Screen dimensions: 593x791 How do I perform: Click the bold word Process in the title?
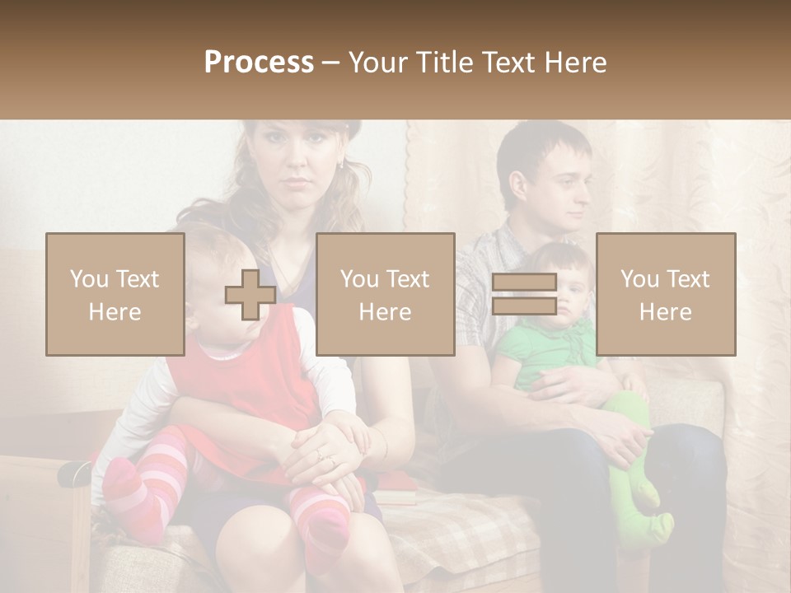click(259, 63)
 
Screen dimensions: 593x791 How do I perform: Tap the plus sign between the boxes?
click(250, 295)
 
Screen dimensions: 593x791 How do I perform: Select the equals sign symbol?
click(524, 294)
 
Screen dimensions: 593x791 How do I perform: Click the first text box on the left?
click(115, 295)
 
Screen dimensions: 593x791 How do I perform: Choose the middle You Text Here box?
click(385, 295)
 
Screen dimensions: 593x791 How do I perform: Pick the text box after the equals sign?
click(666, 295)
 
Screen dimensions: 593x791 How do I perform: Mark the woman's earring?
click(340, 165)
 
